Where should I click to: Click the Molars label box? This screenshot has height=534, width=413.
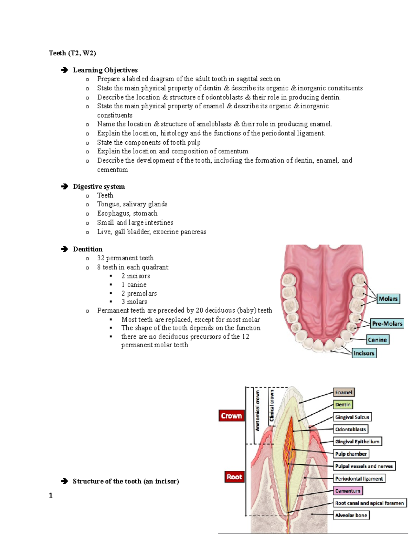pos(388,299)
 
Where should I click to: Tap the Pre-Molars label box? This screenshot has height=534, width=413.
pos(387,324)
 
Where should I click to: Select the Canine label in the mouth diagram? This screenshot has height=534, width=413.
pos(377,340)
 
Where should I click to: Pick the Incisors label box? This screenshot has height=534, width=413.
pos(364,353)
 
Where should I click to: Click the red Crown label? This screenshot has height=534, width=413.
pos(232,416)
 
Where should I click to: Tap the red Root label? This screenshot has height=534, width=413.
pos(234,477)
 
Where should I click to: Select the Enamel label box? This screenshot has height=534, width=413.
pos(343,392)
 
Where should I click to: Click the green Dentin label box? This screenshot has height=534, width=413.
pos(343,405)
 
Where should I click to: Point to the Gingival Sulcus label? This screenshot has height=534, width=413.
pos(352,417)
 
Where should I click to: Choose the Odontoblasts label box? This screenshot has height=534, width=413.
pos(350,429)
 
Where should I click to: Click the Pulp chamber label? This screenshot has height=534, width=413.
pos(351,454)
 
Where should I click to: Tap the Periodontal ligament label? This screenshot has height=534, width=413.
pos(359,478)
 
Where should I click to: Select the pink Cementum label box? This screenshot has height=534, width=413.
pos(348,491)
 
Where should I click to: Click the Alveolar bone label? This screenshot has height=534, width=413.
pos(351,515)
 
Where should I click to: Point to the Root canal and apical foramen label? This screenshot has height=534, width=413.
pos(369,503)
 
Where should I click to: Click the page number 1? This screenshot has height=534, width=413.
pos(51,495)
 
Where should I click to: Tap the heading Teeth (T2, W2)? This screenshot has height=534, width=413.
pos(72,53)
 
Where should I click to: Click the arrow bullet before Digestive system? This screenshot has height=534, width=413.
pos(64,186)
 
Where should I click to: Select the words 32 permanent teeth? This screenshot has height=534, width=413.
pos(125,258)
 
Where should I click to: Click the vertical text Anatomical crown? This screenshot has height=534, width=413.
pos(257,410)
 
